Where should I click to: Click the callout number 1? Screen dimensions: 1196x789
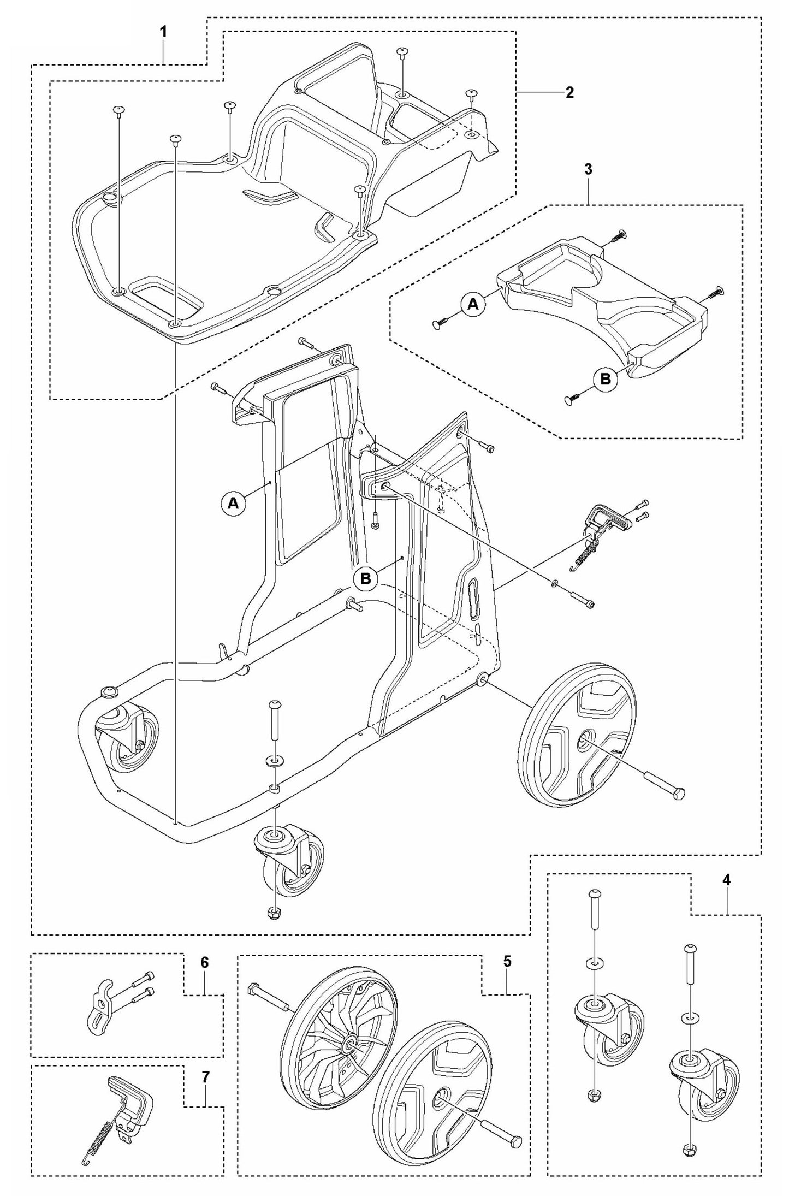[163, 32]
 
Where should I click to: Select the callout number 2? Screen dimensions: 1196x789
[569, 92]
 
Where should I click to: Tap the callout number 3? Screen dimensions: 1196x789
[588, 169]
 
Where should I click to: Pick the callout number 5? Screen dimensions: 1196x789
[507, 977]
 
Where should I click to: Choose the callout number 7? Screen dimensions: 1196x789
[205, 1077]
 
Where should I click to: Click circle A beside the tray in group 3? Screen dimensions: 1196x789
[473, 305]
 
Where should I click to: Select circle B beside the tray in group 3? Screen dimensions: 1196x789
[606, 379]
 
